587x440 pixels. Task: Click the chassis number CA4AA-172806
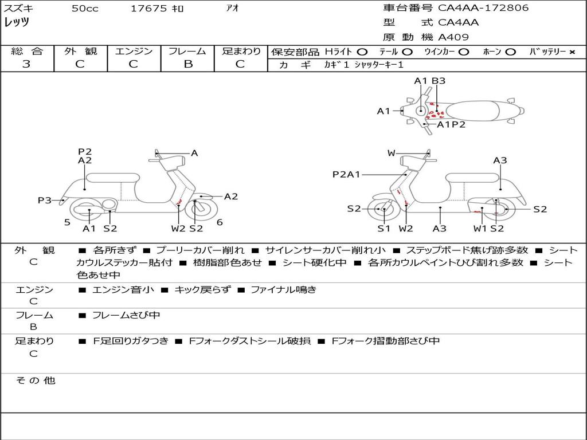pos(483,8)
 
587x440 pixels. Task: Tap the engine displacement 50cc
pos(84,9)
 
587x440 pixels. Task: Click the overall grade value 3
pos(26,64)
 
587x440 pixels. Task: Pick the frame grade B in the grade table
pos(188,64)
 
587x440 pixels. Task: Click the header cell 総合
pos(26,52)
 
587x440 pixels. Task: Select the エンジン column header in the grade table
pos(134,52)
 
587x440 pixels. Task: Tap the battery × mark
pos(572,52)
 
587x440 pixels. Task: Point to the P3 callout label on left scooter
pos(44,200)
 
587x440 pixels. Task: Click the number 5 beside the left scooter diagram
pos(67,222)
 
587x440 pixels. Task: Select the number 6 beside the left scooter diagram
pos(220,222)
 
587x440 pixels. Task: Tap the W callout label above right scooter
pos(392,153)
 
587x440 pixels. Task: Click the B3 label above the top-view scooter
pos(439,81)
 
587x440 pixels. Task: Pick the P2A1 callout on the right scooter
pos(346,175)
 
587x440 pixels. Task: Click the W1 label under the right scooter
pos(480,229)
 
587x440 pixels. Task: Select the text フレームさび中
pos(126,315)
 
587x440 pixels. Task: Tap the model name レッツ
pos(17,22)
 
